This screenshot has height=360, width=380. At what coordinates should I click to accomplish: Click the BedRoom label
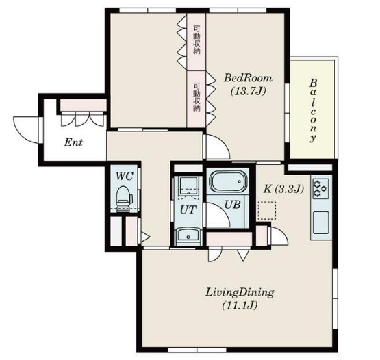coord(248,78)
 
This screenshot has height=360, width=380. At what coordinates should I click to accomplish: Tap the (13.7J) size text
coord(248,91)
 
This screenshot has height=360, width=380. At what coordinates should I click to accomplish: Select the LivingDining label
coord(240,292)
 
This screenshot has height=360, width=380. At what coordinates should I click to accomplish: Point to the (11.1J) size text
coord(240,305)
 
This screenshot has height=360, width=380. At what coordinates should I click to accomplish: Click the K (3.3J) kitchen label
coord(283,189)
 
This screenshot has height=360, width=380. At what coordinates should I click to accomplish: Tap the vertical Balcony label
coord(313,110)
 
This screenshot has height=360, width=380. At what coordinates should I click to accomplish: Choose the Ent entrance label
coord(73,142)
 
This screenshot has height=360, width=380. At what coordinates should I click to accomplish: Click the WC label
coord(124,176)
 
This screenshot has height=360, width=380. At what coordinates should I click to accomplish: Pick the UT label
coord(188,209)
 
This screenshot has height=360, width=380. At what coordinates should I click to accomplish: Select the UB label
coord(232,205)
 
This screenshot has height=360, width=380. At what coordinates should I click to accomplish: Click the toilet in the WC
coord(124,199)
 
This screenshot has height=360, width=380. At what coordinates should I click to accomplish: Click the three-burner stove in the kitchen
coord(320,188)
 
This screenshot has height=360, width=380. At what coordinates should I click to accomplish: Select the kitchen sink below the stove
coord(320,222)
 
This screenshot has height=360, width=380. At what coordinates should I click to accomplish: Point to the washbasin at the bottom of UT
coord(188,235)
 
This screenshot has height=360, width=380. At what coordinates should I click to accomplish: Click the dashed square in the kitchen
coord(267,210)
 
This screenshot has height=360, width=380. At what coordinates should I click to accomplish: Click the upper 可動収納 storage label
coord(197,40)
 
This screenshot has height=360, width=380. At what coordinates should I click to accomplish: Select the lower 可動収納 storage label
coord(197,97)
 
